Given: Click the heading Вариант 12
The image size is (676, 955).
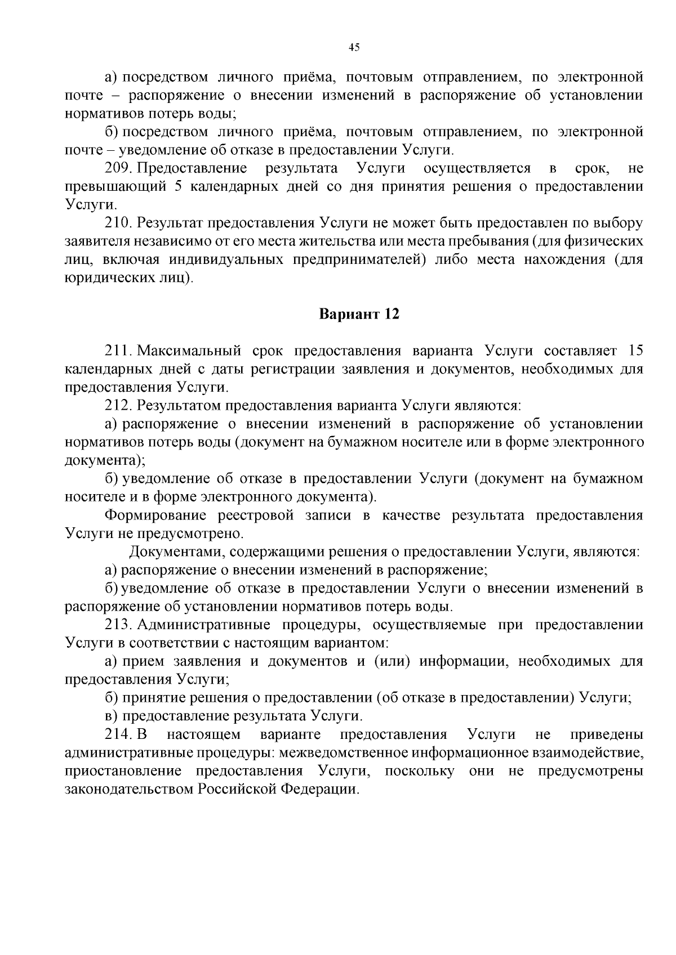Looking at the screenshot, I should tap(359, 314).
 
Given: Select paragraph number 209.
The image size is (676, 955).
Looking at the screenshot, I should tap(118, 168).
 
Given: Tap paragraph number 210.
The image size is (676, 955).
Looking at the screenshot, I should tap(118, 223).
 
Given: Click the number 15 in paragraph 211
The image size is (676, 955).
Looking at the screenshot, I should tap(635, 351).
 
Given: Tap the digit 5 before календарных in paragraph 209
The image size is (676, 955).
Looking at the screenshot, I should tap(178, 187).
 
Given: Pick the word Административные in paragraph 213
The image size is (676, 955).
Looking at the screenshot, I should tap(204, 625).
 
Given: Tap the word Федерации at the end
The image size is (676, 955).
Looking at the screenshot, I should tap(318, 790).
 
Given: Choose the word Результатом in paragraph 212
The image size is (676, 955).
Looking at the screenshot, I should tap(178, 406).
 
